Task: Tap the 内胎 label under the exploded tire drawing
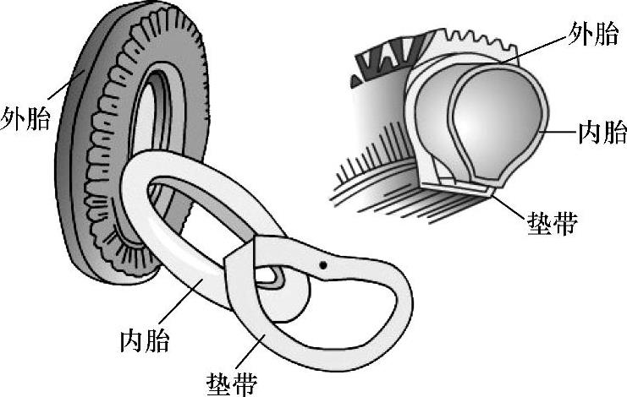(x=145, y=341)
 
